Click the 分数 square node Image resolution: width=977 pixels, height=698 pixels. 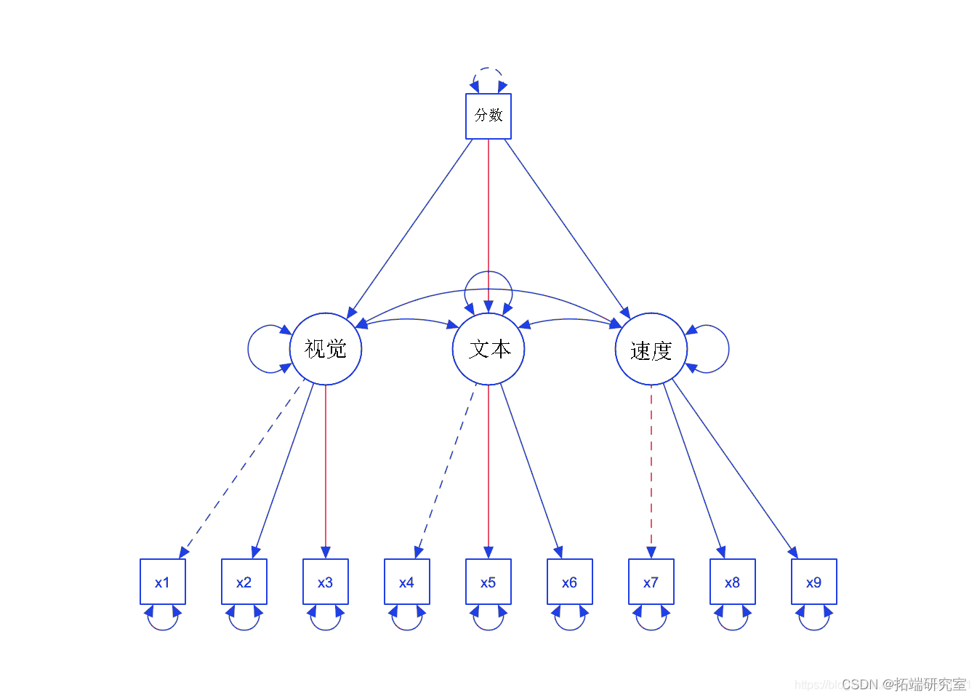point(488,116)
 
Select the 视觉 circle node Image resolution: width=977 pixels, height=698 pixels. point(326,349)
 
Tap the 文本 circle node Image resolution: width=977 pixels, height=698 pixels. point(488,349)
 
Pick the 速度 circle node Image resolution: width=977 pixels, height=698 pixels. point(651,349)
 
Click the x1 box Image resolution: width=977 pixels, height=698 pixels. point(163,582)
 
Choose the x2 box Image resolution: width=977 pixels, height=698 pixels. point(244,582)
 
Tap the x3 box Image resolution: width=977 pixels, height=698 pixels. point(326,582)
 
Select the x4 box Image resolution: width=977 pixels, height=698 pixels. point(407,582)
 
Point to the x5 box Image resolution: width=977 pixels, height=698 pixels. point(488,582)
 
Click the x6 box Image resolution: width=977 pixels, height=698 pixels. point(570,582)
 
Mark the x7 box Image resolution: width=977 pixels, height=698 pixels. point(651,582)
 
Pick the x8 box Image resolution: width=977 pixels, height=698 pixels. point(733,582)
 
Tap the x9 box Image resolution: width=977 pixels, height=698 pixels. point(814,582)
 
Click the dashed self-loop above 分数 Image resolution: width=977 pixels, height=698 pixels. point(488,69)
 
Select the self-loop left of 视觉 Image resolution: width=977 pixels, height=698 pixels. point(249,349)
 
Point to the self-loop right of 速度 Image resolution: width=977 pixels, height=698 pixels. point(728,349)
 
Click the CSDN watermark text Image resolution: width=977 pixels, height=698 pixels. point(904,684)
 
